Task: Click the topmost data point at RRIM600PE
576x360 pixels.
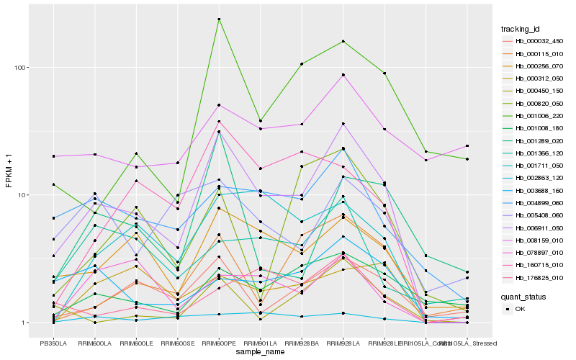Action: click(x=219, y=19)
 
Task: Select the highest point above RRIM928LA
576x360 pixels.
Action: click(x=343, y=41)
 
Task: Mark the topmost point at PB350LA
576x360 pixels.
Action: click(x=53, y=156)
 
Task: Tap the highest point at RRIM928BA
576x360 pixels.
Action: click(x=302, y=64)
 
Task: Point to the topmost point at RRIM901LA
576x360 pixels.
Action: click(x=260, y=120)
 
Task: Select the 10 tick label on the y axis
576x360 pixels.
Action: click(x=22, y=195)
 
